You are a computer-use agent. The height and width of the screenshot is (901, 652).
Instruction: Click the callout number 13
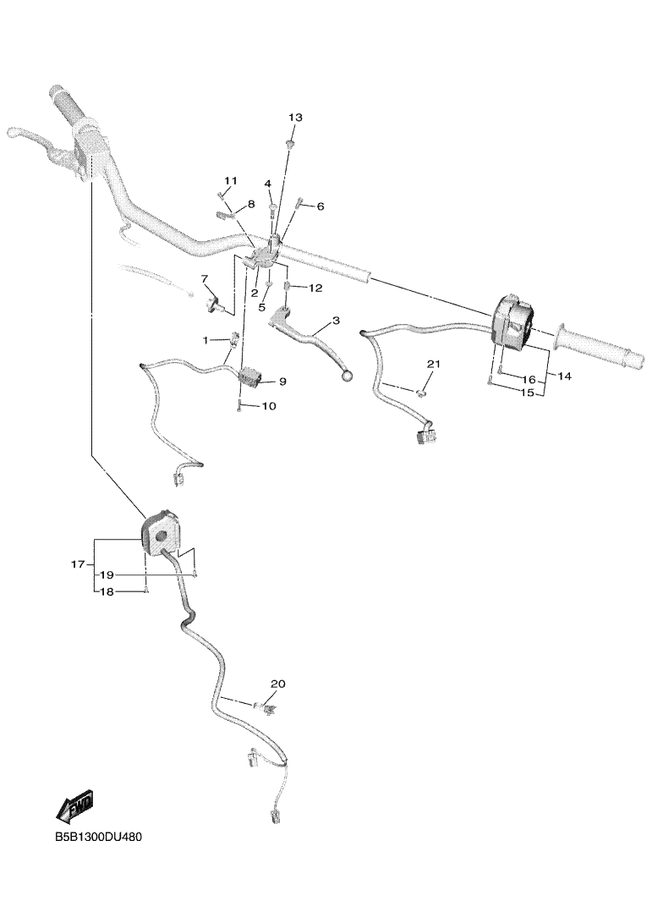pyautogui.click(x=295, y=118)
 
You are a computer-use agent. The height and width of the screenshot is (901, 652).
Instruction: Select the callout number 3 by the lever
pyautogui.click(x=336, y=321)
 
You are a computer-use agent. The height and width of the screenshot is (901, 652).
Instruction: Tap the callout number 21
pyautogui.click(x=434, y=365)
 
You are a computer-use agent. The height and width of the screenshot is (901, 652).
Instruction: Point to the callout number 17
pyautogui.click(x=78, y=564)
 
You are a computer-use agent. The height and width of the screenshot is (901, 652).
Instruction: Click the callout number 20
pyautogui.click(x=278, y=684)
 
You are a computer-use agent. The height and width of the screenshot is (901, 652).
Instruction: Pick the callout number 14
pyautogui.click(x=565, y=376)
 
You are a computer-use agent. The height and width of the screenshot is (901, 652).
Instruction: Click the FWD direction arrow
pyautogui.click(x=74, y=805)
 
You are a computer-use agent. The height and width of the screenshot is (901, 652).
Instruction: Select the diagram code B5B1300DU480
pyautogui.click(x=99, y=837)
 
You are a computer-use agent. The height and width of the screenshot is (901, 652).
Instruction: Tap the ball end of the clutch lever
pyautogui.click(x=347, y=376)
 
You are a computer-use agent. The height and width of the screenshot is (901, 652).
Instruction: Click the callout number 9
pyautogui.click(x=282, y=382)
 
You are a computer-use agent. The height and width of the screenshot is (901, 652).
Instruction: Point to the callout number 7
pyautogui.click(x=205, y=279)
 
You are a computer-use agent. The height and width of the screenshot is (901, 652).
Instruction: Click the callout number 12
pyautogui.click(x=316, y=288)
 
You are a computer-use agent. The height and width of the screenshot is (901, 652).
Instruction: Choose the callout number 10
pyautogui.click(x=269, y=406)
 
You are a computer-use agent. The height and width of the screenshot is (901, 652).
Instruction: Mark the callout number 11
pyautogui.click(x=230, y=181)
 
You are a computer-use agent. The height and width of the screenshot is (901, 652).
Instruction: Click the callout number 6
pyautogui.click(x=321, y=206)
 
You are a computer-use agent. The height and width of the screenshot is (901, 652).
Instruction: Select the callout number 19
pyautogui.click(x=107, y=575)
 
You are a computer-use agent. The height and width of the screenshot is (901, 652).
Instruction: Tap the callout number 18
pyautogui.click(x=107, y=592)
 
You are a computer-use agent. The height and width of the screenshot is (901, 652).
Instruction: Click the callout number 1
pyautogui.click(x=205, y=341)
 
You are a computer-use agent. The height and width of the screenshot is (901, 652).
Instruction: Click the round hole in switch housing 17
pyautogui.click(x=161, y=536)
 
